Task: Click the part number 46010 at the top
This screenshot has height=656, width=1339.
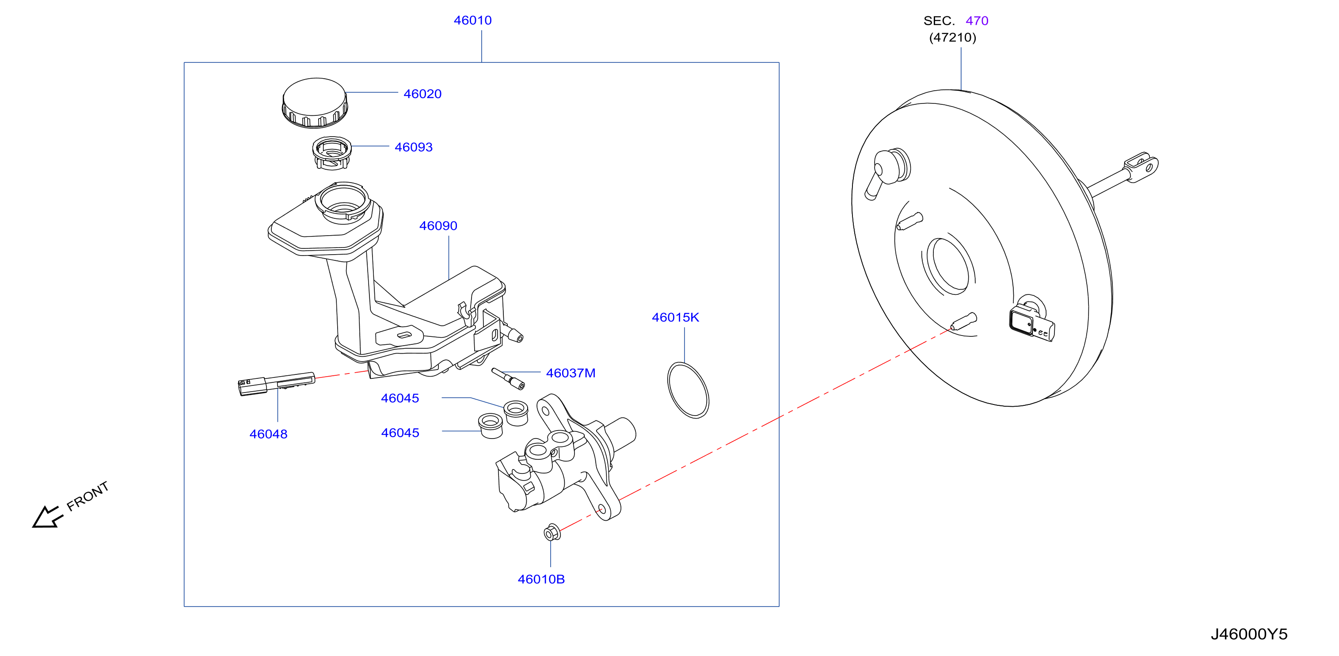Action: click(x=472, y=20)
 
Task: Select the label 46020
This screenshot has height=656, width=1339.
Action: click(x=422, y=94)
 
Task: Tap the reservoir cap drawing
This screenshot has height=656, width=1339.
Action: click(x=315, y=103)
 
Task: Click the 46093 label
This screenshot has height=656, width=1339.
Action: click(x=413, y=147)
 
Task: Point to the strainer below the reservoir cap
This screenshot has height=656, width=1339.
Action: click(x=331, y=153)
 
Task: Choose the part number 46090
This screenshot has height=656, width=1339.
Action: click(x=438, y=225)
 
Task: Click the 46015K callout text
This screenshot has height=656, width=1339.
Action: click(x=675, y=317)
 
